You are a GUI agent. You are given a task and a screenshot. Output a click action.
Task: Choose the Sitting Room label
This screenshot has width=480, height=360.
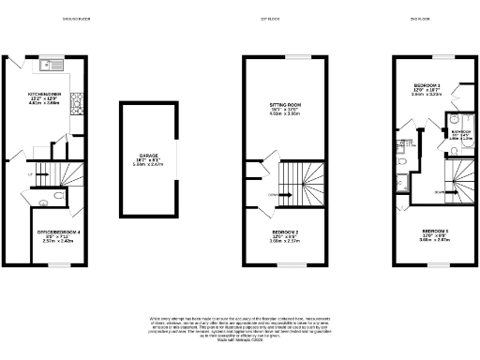tap(284, 111)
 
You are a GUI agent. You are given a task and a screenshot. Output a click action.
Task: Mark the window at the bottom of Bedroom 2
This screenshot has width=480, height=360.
tap(284, 267)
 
